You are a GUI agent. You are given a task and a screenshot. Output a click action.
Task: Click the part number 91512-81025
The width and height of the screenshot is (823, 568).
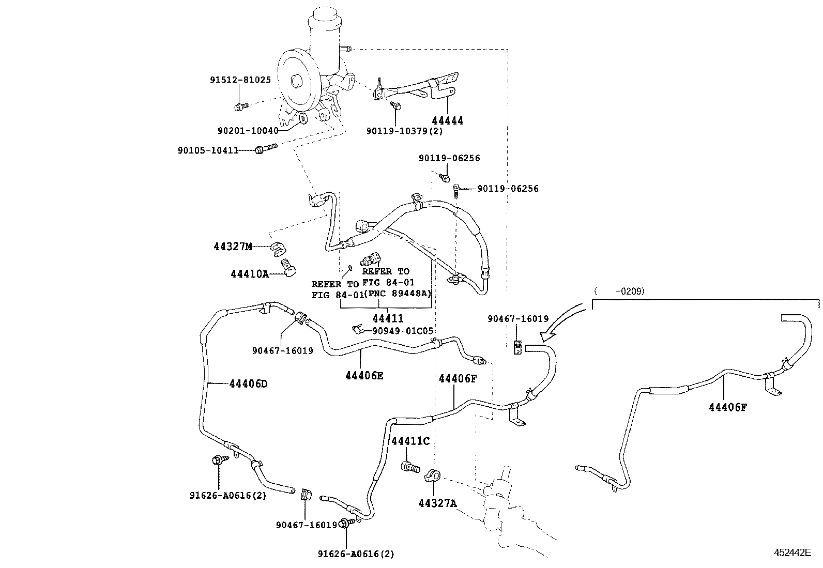coord(240,80)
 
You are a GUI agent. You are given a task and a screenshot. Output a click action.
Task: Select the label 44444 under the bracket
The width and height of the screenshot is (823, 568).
coord(447,120)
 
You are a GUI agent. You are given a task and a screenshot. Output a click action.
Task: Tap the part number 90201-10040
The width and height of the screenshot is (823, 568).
coord(248,131)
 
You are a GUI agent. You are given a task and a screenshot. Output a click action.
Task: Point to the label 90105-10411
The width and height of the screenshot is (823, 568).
coord(208,150)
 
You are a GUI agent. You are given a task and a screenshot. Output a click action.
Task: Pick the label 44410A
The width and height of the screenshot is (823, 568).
coord(250,274)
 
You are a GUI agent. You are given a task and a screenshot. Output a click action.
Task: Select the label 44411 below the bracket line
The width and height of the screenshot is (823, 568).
coord(388,318)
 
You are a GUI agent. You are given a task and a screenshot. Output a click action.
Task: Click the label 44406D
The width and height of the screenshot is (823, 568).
coord(248,383)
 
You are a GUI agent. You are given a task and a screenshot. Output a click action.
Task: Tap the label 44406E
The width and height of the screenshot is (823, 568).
coord(364,376)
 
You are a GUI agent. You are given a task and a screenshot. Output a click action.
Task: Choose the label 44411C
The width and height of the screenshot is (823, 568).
coord(410,441)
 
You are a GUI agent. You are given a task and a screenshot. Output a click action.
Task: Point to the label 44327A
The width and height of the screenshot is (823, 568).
coord(438,503)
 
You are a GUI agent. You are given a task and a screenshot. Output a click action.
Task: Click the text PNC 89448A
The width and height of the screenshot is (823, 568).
coord(398,293)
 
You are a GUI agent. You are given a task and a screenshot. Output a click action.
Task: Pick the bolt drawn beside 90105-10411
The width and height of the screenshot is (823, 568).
coord(266,149)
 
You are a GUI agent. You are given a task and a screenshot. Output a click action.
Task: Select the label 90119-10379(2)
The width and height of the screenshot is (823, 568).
coord(404,131)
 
